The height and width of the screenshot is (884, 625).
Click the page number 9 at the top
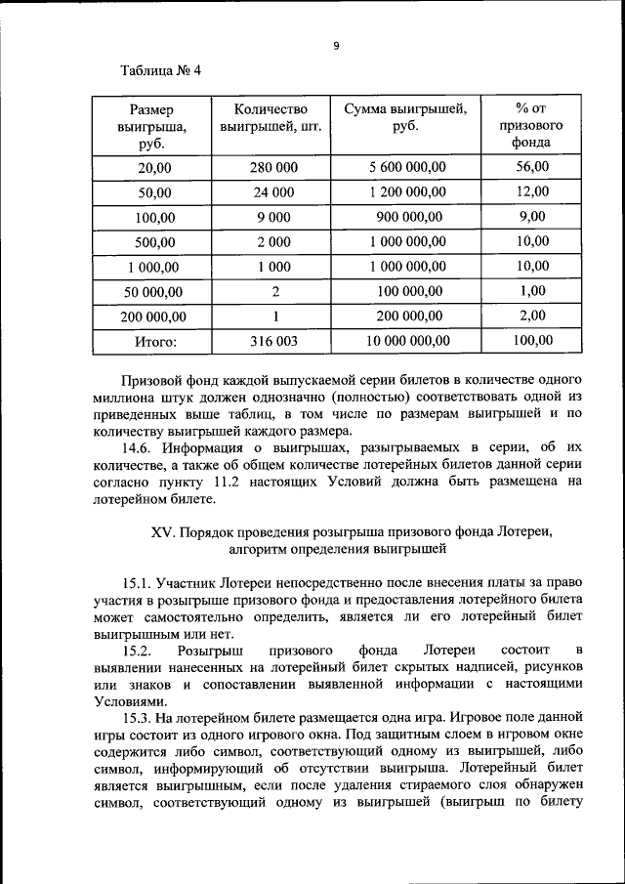[x=335, y=45]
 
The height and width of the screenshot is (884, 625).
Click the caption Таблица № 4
[x=160, y=71]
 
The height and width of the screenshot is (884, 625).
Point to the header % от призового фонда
[x=532, y=124]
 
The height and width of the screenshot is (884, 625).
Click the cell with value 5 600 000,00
[x=407, y=167]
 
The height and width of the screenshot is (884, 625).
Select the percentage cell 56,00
[x=533, y=167]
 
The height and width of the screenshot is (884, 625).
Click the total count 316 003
[x=274, y=341]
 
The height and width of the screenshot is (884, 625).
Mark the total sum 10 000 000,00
[x=407, y=341]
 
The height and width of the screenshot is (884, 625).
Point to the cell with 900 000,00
[x=407, y=217]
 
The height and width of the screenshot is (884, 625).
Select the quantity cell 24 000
[x=274, y=191]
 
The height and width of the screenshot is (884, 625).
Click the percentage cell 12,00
[x=533, y=191]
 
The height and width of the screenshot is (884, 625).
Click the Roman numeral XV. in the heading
[x=162, y=531]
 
